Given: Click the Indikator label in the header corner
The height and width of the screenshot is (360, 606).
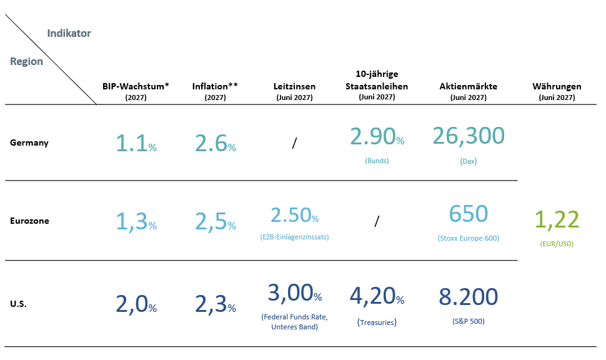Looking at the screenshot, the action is (x=69, y=33).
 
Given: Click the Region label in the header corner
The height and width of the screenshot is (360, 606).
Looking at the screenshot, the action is (x=26, y=61).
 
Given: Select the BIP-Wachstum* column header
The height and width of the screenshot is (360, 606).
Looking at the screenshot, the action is (x=136, y=86).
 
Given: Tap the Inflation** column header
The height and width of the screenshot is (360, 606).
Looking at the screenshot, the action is (x=215, y=86).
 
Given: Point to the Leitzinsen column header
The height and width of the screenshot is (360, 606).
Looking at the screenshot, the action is (x=294, y=86).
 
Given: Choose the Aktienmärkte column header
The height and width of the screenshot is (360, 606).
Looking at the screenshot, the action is (x=469, y=86).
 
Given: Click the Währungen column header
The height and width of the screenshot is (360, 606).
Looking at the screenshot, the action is (x=557, y=86).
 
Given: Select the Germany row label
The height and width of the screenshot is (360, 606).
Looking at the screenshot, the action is (x=29, y=142).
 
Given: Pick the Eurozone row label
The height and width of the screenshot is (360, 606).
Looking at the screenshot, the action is (x=30, y=221).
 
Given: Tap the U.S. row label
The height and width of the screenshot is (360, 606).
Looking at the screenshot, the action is (x=18, y=304).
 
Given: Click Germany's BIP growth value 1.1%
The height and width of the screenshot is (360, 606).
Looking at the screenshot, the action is (x=136, y=143).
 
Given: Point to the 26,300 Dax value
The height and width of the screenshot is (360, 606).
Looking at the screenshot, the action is (x=469, y=136).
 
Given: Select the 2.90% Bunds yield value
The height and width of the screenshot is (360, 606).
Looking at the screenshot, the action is (x=377, y=136).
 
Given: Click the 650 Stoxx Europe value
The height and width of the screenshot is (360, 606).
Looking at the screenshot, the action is (x=469, y=214).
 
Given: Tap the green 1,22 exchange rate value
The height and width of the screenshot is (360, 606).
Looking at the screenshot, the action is (x=557, y=219).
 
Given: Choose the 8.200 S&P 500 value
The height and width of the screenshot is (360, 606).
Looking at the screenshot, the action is (x=469, y=297).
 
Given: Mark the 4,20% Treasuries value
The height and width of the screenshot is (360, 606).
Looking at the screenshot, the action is (x=377, y=297).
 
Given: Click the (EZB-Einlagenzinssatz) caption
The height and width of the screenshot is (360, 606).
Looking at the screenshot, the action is (x=294, y=237).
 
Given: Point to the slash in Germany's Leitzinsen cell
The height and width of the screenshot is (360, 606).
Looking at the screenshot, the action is (x=294, y=143).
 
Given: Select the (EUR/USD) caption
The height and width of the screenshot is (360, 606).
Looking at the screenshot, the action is (x=557, y=244).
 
